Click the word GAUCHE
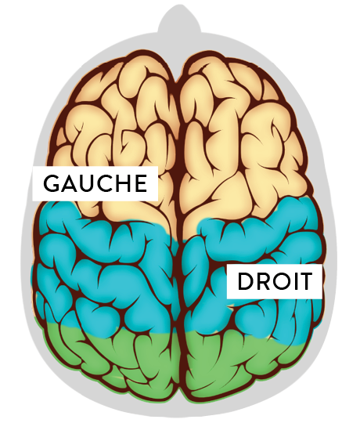95,183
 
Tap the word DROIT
275,281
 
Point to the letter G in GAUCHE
51,183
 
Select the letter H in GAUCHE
123,183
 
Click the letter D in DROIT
245,281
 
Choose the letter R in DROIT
262,281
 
